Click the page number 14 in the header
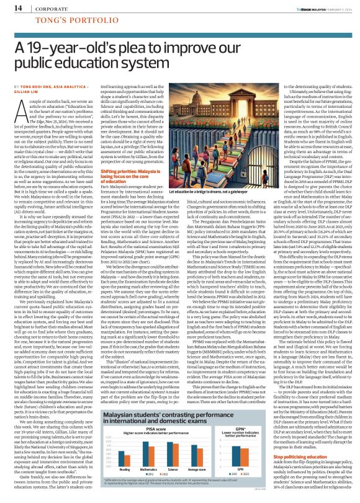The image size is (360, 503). click(x=12, y=7)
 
